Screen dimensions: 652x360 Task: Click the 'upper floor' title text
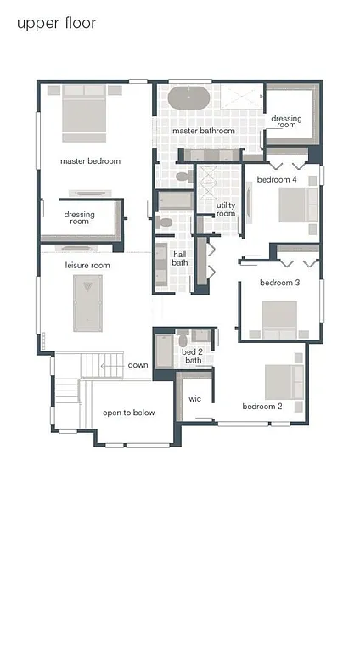click(x=56, y=23)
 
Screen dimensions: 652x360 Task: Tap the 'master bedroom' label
click(x=90, y=160)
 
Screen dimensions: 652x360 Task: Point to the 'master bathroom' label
click(x=204, y=132)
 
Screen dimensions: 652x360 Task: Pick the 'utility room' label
click(x=226, y=209)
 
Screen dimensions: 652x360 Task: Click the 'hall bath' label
click(x=180, y=258)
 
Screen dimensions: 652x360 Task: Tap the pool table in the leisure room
click(x=87, y=304)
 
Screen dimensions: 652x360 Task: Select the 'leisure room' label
click(x=88, y=265)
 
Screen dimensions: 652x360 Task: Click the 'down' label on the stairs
click(x=138, y=365)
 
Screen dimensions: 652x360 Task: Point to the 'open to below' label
click(x=129, y=413)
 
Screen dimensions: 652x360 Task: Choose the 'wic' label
click(x=194, y=397)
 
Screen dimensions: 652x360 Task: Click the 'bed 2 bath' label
click(x=193, y=356)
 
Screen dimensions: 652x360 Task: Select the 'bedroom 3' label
click(x=280, y=282)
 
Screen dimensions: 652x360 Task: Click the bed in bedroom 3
click(x=278, y=319)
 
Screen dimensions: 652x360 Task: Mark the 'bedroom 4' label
click(x=277, y=179)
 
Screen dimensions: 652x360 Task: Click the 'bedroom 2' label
click(x=262, y=406)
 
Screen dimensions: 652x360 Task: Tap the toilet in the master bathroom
click(x=183, y=177)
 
